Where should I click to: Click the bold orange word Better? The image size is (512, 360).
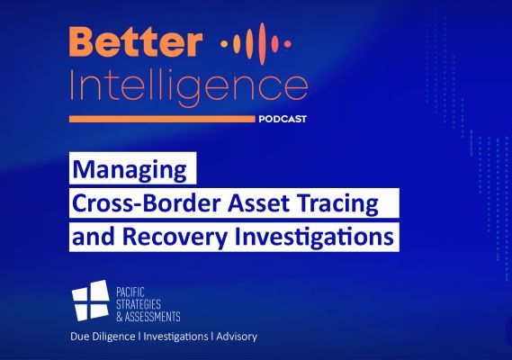[x=136, y=41]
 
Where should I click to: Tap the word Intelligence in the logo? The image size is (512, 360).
[x=189, y=86]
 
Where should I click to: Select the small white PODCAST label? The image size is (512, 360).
[x=283, y=119]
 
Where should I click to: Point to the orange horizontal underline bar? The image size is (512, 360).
[x=162, y=119]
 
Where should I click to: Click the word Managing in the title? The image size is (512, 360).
[x=130, y=170]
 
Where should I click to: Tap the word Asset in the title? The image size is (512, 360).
[x=258, y=203]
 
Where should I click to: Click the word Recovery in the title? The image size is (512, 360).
[x=175, y=238]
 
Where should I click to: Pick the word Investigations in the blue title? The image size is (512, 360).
[x=314, y=238]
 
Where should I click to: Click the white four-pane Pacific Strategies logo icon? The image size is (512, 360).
[x=91, y=300]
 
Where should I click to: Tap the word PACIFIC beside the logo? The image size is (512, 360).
[x=130, y=292]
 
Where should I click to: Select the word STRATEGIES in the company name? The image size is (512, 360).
[x=139, y=304]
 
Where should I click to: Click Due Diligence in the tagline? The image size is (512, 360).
[x=103, y=337]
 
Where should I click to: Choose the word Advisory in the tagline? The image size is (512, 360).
[x=237, y=337]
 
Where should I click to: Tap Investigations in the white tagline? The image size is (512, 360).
[x=175, y=337]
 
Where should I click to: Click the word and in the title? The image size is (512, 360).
[x=94, y=237]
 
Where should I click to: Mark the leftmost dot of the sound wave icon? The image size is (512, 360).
[x=223, y=43]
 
